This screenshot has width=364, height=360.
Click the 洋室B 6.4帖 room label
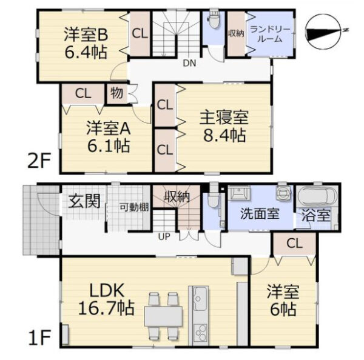[86, 44]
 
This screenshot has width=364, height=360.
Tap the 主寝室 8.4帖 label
[224, 127]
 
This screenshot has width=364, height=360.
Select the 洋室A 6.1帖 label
[109, 137]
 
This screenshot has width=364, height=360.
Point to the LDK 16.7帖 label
[107, 299]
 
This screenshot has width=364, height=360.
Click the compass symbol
[324, 32]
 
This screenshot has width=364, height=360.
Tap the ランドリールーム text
[270, 35]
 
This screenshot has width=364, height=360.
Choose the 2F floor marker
[39, 161]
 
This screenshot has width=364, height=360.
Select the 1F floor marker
[39, 338]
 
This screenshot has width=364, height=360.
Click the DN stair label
[189, 63]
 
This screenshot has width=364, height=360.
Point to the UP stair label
[164, 237]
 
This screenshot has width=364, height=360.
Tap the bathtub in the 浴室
[317, 196]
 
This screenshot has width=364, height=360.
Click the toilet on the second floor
[215, 19]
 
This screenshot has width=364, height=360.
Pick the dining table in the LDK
[163, 316]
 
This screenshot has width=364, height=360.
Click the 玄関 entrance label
[85, 201]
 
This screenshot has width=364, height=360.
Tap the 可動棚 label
[134, 207]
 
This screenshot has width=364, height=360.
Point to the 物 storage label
[116, 93]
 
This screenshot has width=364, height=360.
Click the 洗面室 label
[260, 213]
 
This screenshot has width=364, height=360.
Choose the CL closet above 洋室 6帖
[295, 244]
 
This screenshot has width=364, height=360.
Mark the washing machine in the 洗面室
[283, 193]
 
